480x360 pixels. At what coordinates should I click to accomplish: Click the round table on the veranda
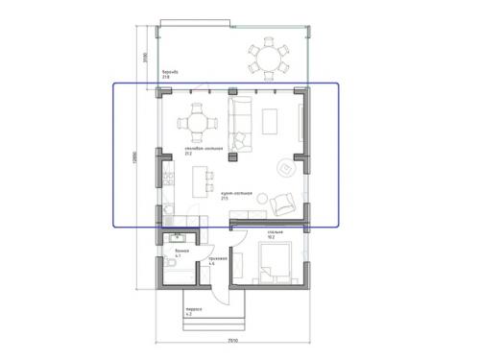coord(268,58)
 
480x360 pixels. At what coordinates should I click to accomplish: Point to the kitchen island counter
coord(202,179)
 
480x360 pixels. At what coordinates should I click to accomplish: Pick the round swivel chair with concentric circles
coord(285,168)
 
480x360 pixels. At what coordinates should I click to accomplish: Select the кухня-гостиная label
coord(236,194)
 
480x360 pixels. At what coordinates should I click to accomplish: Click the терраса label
coord(190,310)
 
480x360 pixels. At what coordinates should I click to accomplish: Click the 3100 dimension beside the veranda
coord(142,56)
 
